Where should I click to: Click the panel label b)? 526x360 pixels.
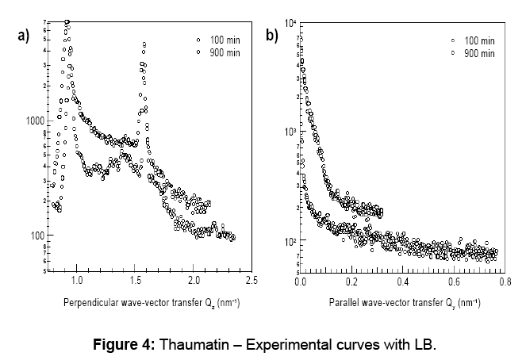coord(271,36)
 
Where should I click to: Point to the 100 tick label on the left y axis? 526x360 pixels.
coord(36,236)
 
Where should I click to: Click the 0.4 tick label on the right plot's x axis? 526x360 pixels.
coord(403,281)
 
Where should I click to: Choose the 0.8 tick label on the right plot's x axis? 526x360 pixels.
coord(505,281)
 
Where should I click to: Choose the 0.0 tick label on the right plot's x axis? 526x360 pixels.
coord(300,281)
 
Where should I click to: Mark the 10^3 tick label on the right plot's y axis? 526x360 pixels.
coord(290,131)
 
